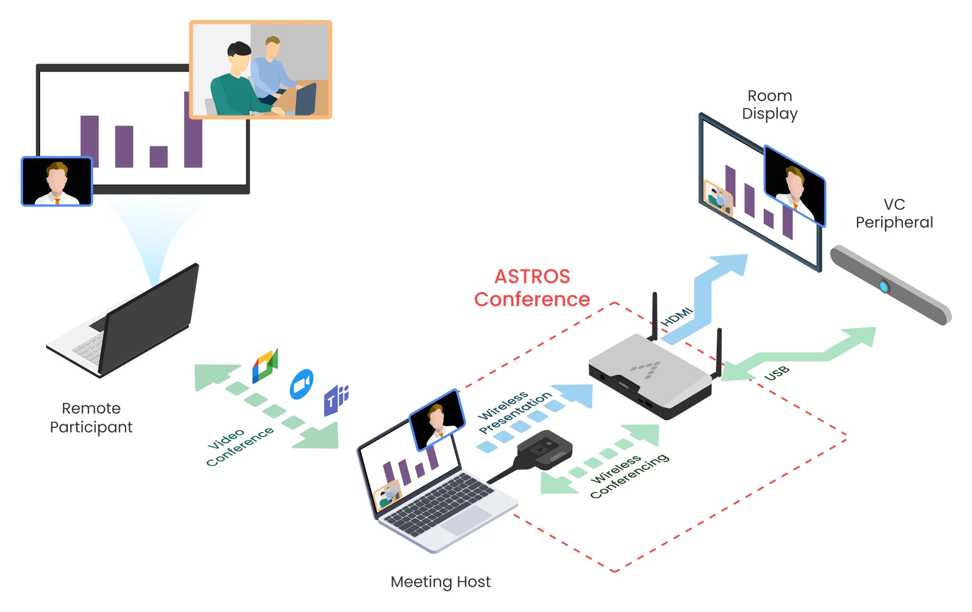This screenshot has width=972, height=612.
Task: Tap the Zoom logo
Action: click(301, 385)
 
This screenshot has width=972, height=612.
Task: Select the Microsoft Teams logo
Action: click(336, 400)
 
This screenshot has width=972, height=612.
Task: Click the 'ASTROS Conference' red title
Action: click(532, 288)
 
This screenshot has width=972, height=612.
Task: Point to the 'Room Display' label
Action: click(770, 104)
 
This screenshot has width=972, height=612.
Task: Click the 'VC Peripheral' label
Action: click(894, 213)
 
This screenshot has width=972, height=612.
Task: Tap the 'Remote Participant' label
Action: click(91, 417)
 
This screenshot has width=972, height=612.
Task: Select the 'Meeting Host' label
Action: click(441, 582)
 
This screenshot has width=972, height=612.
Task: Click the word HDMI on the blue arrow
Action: click(677, 317)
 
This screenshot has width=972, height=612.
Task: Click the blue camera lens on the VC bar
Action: click(884, 287)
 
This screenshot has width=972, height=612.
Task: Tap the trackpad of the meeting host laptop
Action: click(466, 520)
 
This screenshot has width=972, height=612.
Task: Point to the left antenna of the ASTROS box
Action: click(655, 316)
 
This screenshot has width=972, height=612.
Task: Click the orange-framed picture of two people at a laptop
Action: click(260, 70)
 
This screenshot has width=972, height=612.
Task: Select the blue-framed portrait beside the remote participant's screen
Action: click(57, 181)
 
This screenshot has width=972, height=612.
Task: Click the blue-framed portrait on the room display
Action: click(794, 185)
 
